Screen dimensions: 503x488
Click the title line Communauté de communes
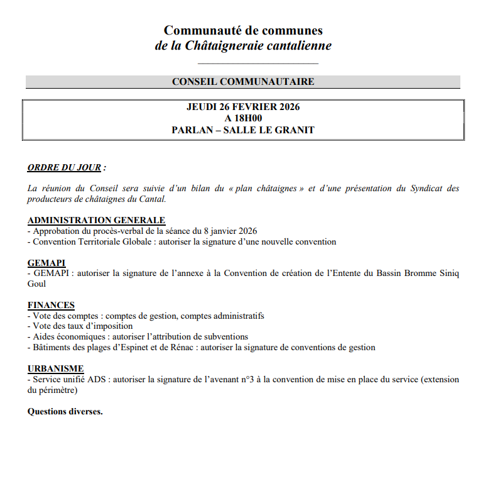pos(243,30)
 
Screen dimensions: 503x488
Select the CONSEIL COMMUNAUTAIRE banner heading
pos(243,82)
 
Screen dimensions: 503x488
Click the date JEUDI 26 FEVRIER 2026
pos(243,107)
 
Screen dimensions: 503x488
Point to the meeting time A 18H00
pos(243,118)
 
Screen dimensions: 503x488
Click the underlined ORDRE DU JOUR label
pos(65,168)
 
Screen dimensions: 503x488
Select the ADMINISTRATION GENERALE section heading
pos(96,221)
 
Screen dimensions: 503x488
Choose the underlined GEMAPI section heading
pos(46,263)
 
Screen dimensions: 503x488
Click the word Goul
pos(36,284)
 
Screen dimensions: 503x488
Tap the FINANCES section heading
pos(51,306)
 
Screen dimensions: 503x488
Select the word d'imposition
pos(107,326)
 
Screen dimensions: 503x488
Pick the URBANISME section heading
pos(55,369)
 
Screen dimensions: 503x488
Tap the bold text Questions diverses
pos(65,412)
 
